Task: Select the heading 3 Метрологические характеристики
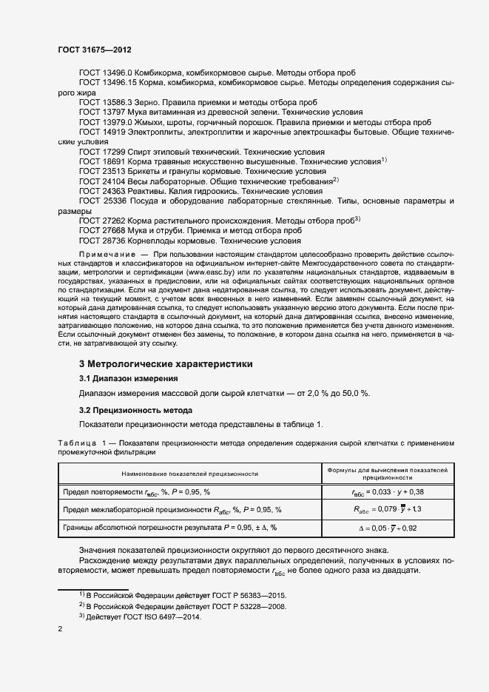coord(166,364)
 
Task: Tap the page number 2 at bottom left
coord(61,629)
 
